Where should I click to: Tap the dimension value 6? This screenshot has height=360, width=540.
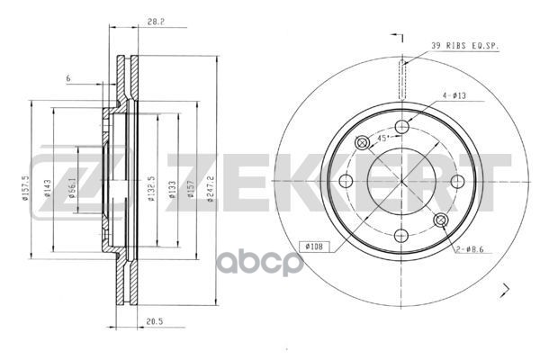[67, 80]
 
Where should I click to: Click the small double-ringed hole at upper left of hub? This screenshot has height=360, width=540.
[364, 143]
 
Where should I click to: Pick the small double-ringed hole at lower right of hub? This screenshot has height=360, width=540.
[440, 220]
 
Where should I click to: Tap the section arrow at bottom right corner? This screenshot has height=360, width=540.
[506, 289]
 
